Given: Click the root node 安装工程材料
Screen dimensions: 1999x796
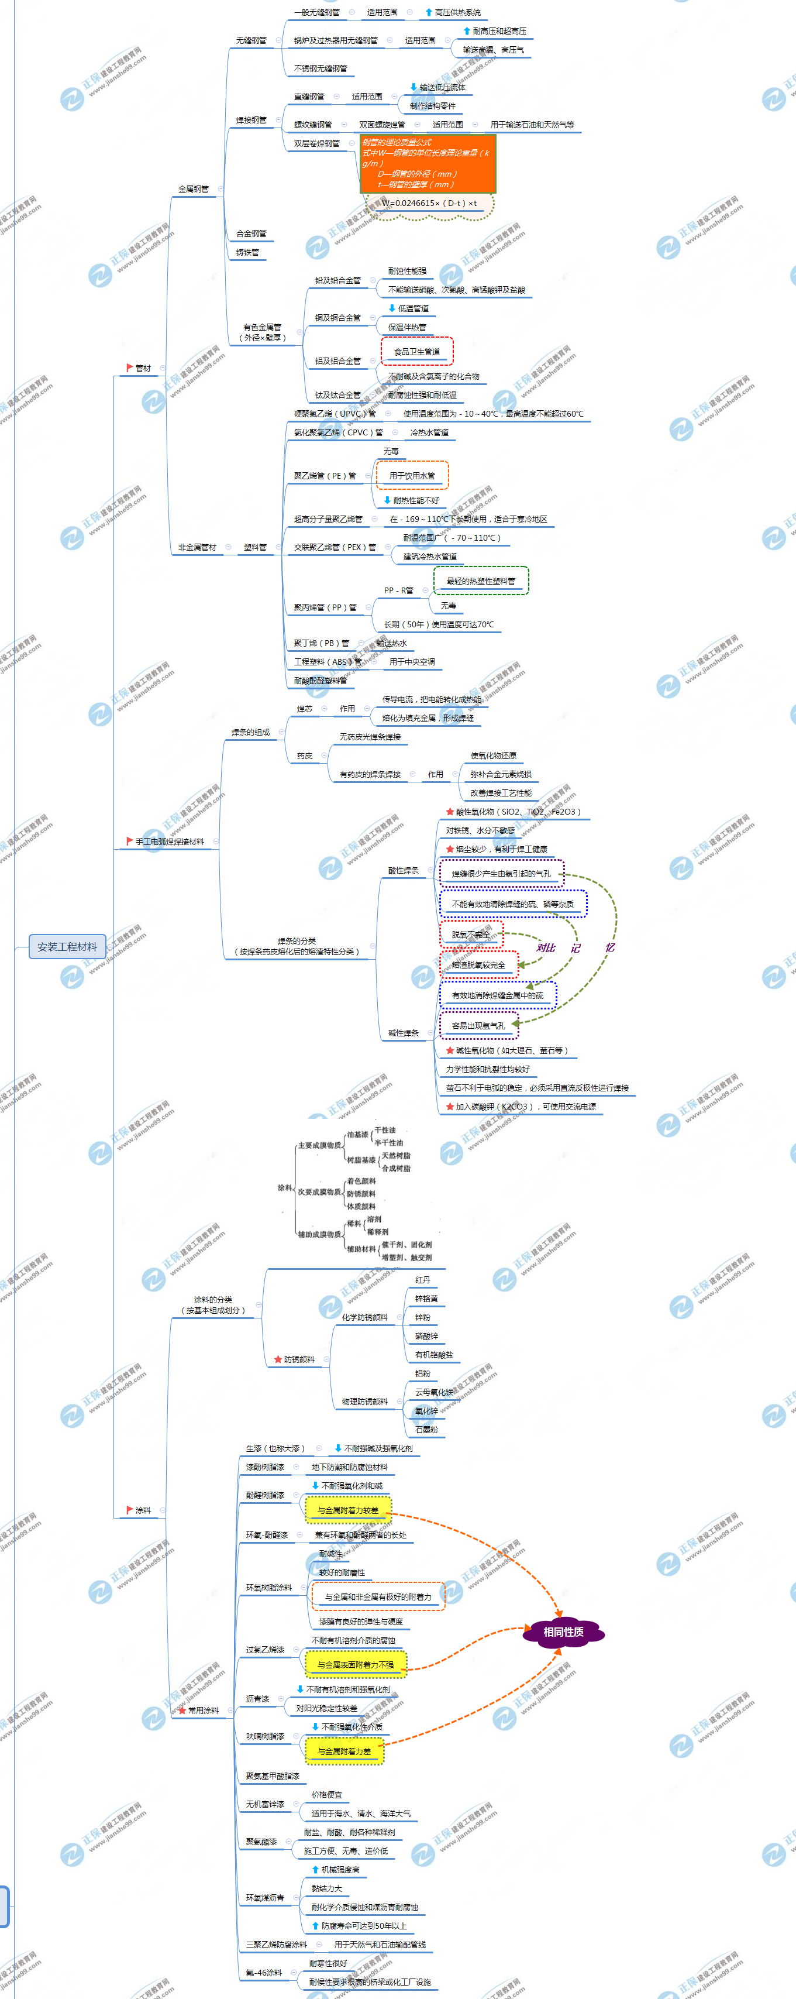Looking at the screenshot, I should pyautogui.click(x=67, y=947).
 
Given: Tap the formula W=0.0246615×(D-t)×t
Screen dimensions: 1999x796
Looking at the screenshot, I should pyautogui.click(x=429, y=203).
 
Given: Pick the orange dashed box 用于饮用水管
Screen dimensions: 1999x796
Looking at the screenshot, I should pyautogui.click(x=412, y=476).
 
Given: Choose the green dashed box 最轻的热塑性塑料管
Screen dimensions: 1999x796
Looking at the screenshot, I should pyautogui.click(x=480, y=581).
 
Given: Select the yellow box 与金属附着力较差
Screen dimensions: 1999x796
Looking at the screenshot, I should pyautogui.click(x=349, y=1510).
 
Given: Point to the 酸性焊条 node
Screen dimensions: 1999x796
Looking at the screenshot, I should pyautogui.click(x=404, y=871).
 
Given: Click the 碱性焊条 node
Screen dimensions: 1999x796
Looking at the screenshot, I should pyautogui.click(x=404, y=1033).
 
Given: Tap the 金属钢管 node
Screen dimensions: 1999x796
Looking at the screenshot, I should pyautogui.click(x=193, y=188).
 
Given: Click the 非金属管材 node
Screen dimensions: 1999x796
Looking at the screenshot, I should pyautogui.click(x=197, y=547).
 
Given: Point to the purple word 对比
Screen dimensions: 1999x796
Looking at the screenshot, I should pyautogui.click(x=546, y=947).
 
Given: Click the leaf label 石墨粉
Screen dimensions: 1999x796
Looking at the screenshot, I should pyautogui.click(x=426, y=1430).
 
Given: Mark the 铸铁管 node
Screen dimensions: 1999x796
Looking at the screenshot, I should pyautogui.click(x=247, y=252).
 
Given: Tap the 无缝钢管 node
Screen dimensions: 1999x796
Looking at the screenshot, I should pyautogui.click(x=251, y=40).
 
